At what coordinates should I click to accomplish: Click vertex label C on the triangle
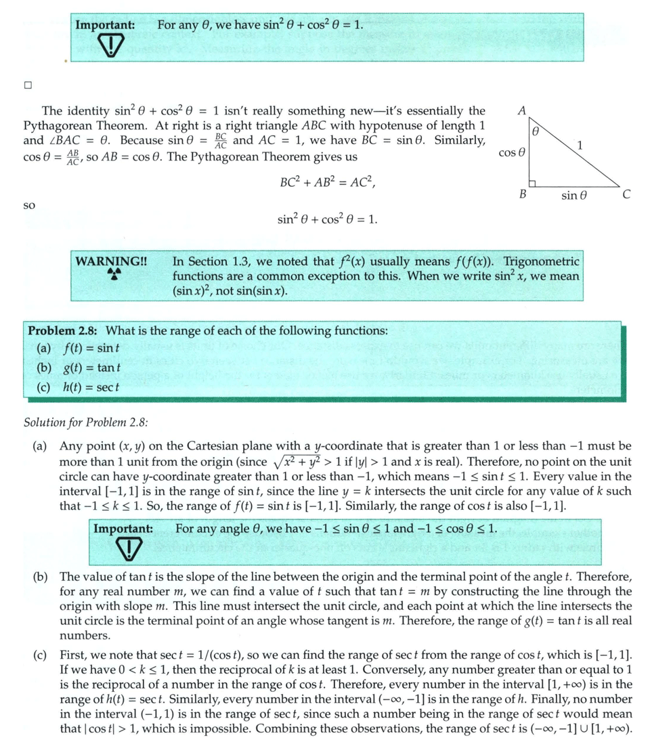pyautogui.click(x=626, y=195)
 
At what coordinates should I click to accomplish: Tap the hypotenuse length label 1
pyautogui.click(x=580, y=144)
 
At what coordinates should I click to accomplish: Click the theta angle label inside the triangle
pyautogui.click(x=535, y=131)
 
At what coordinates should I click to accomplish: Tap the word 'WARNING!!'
pyautogui.click(x=111, y=261)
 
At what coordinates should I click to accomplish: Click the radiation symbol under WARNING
pyautogui.click(x=114, y=274)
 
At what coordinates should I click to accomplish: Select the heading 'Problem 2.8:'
pyautogui.click(x=62, y=331)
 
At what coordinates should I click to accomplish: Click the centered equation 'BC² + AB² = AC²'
pyautogui.click(x=328, y=183)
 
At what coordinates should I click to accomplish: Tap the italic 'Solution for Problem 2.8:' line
pyautogui.click(x=86, y=422)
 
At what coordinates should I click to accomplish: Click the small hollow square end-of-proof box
pyautogui.click(x=28, y=86)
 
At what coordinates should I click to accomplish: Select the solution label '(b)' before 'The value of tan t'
pyautogui.click(x=41, y=576)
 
